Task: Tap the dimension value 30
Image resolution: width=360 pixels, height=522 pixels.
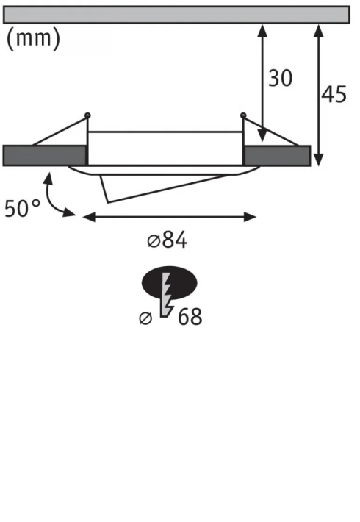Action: coord(280,78)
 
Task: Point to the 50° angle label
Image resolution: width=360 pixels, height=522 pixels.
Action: coord(23,209)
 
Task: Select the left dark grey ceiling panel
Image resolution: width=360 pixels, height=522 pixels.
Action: coord(45,155)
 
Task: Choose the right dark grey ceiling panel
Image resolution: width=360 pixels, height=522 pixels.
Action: coord(277,155)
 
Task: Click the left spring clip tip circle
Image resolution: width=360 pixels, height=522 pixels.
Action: coord(88,115)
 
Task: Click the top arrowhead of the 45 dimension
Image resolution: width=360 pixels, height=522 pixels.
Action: coord(318,29)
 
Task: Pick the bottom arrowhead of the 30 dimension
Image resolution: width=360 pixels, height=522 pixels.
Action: coord(262,139)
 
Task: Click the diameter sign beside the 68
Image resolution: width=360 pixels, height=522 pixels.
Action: coord(145,318)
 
